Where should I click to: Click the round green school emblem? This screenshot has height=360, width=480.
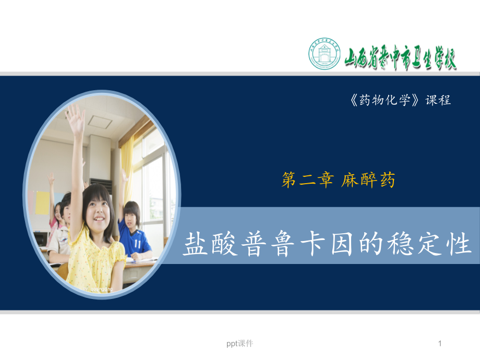324,54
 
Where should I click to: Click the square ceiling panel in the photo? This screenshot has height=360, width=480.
100,121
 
